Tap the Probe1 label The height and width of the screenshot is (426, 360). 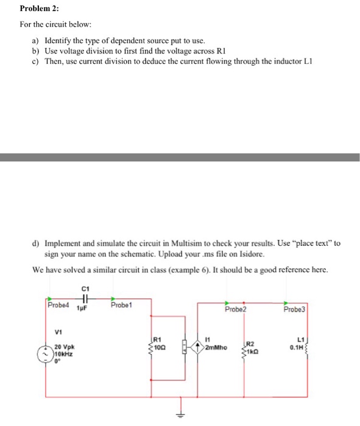[x=122, y=305]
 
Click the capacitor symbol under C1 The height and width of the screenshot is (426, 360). [x=85, y=299]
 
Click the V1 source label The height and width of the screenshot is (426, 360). [x=58, y=332]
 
